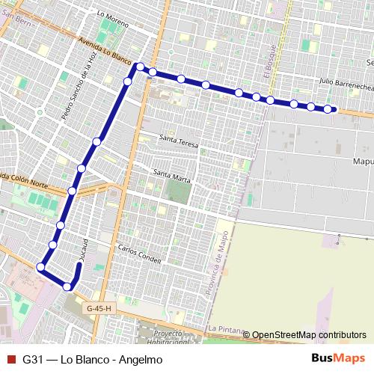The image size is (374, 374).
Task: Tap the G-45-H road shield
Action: (x=98, y=308)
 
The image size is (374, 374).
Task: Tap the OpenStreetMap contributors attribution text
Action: (x=309, y=334)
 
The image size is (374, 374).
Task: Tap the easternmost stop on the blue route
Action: (x=328, y=110)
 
